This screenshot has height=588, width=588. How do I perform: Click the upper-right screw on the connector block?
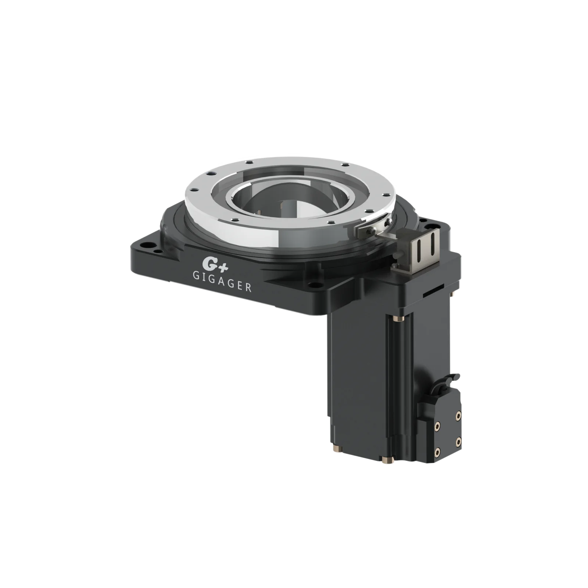tap(458, 415)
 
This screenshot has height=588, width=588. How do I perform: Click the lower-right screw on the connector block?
tap(458, 440)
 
